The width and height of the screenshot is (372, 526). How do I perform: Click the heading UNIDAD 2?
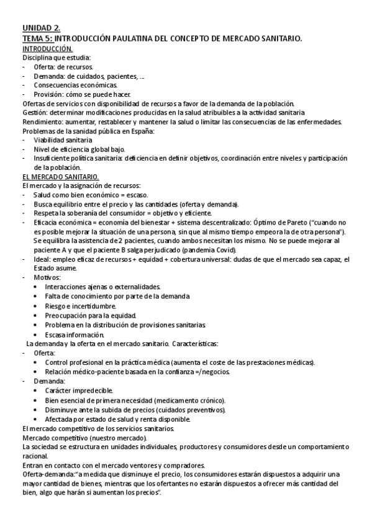click(42, 29)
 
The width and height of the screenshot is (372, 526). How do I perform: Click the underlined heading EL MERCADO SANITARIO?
click(55, 177)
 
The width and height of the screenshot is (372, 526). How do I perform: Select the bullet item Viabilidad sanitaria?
click(63, 140)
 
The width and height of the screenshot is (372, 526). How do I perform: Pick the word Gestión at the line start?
click(35, 112)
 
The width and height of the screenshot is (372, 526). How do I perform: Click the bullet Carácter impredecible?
click(79, 390)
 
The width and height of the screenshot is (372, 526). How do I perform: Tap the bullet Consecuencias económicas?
click(75, 84)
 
